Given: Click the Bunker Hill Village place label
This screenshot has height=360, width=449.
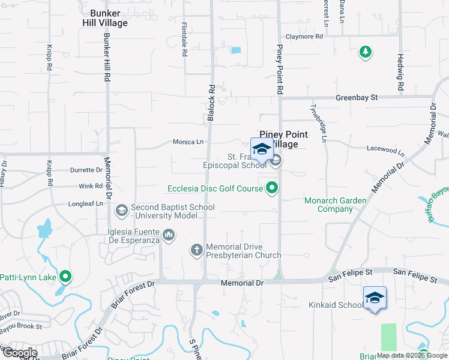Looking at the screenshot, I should (105, 18).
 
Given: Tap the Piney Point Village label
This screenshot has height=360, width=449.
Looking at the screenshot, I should (283, 140).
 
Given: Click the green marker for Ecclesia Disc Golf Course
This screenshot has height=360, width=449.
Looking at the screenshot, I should (272, 188).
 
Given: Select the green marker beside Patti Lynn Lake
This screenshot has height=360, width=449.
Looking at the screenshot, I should (65, 277).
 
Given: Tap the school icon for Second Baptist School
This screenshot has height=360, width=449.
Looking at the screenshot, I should (121, 209).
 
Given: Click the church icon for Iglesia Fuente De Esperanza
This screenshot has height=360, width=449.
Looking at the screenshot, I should (169, 235).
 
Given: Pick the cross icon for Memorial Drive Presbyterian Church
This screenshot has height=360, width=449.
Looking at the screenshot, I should (196, 250).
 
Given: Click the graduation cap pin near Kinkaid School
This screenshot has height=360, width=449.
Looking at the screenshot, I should (374, 298).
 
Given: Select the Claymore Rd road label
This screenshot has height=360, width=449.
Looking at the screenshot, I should (304, 37).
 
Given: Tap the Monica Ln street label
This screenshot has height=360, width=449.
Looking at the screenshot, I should (188, 142).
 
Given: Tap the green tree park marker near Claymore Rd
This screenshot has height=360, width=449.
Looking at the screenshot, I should (365, 52).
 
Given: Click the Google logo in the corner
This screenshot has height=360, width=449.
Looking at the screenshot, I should (19, 353).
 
